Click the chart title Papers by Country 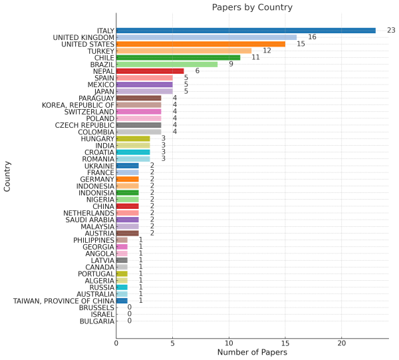click(x=252, y=7)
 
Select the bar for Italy click(x=245, y=31)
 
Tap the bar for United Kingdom click(x=206, y=37)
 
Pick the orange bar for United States click(x=200, y=44)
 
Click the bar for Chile click(x=178, y=57)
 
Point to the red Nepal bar click(x=150, y=71)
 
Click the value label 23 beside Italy click(x=391, y=31)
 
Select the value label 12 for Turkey click(x=267, y=51)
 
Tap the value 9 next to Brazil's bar click(x=231, y=65)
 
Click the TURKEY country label click(x=100, y=51)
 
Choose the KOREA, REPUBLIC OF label click(x=78, y=105)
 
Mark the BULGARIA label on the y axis click(x=96, y=321)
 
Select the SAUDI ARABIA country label click(x=89, y=220)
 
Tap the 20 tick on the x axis click(x=342, y=343)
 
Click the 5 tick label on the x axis click(x=172, y=343)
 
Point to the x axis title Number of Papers click(x=252, y=353)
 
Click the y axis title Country click(x=7, y=176)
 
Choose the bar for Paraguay click(x=138, y=98)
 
